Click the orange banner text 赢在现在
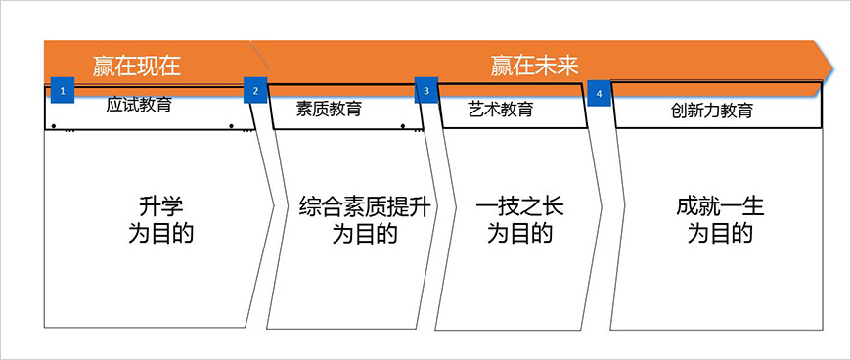[137, 67]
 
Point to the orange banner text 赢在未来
[535, 67]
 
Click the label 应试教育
[139, 105]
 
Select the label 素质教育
[329, 109]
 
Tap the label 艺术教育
[501, 109]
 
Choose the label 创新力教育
[712, 111]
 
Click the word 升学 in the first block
[161, 207]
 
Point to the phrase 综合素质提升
[365, 207]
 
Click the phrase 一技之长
[519, 207]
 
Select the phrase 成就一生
[719, 207]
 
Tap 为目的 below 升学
[161, 234]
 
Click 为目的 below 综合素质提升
[365, 234]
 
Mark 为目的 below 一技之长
[519, 234]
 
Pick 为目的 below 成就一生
[719, 234]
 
